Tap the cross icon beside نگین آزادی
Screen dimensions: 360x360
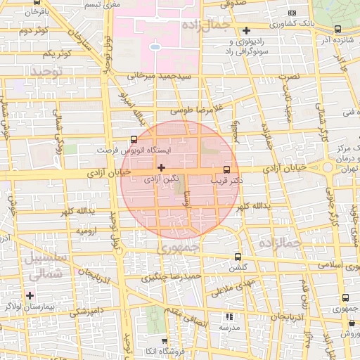(x=162, y=167)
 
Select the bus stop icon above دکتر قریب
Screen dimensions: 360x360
(x=226, y=169)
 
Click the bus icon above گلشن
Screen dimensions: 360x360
(x=237, y=257)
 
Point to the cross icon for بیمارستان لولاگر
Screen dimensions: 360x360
(x=30, y=295)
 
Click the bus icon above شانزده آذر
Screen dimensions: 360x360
(x=338, y=30)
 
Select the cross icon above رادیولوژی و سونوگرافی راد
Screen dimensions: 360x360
(x=246, y=30)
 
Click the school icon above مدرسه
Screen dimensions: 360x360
(x=229, y=317)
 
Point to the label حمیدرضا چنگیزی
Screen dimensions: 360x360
(x=172, y=278)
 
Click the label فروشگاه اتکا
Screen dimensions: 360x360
(x=143, y=351)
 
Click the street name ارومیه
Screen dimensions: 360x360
(x=86, y=231)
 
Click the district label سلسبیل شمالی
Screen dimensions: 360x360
(x=44, y=266)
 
